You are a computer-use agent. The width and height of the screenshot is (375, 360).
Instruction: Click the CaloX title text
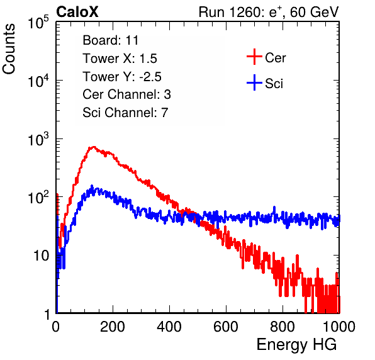(77, 12)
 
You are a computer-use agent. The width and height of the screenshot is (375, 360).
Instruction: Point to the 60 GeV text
(315, 12)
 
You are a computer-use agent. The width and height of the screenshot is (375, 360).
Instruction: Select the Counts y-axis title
(9, 49)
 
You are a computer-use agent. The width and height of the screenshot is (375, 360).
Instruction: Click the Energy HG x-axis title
(296, 345)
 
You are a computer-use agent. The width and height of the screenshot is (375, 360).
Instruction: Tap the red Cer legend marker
(254, 57)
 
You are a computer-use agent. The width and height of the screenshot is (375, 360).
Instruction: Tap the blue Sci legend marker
(254, 83)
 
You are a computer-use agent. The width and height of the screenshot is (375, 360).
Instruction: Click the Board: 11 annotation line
(111, 40)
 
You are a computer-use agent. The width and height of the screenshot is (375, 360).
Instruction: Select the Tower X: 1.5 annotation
(120, 59)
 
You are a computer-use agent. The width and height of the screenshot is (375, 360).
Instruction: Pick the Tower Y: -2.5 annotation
(122, 77)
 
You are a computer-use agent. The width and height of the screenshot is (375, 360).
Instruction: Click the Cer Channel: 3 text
(126, 94)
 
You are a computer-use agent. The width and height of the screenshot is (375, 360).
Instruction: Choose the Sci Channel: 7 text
(125, 113)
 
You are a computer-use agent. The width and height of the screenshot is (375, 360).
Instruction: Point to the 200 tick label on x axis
(113, 327)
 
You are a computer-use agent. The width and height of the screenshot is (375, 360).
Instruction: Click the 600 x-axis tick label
(226, 327)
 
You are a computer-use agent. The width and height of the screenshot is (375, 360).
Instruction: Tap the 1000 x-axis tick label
(339, 327)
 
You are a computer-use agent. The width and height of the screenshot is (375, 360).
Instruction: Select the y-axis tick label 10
(41, 256)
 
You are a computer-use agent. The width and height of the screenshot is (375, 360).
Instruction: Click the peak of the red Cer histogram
(94, 147)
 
